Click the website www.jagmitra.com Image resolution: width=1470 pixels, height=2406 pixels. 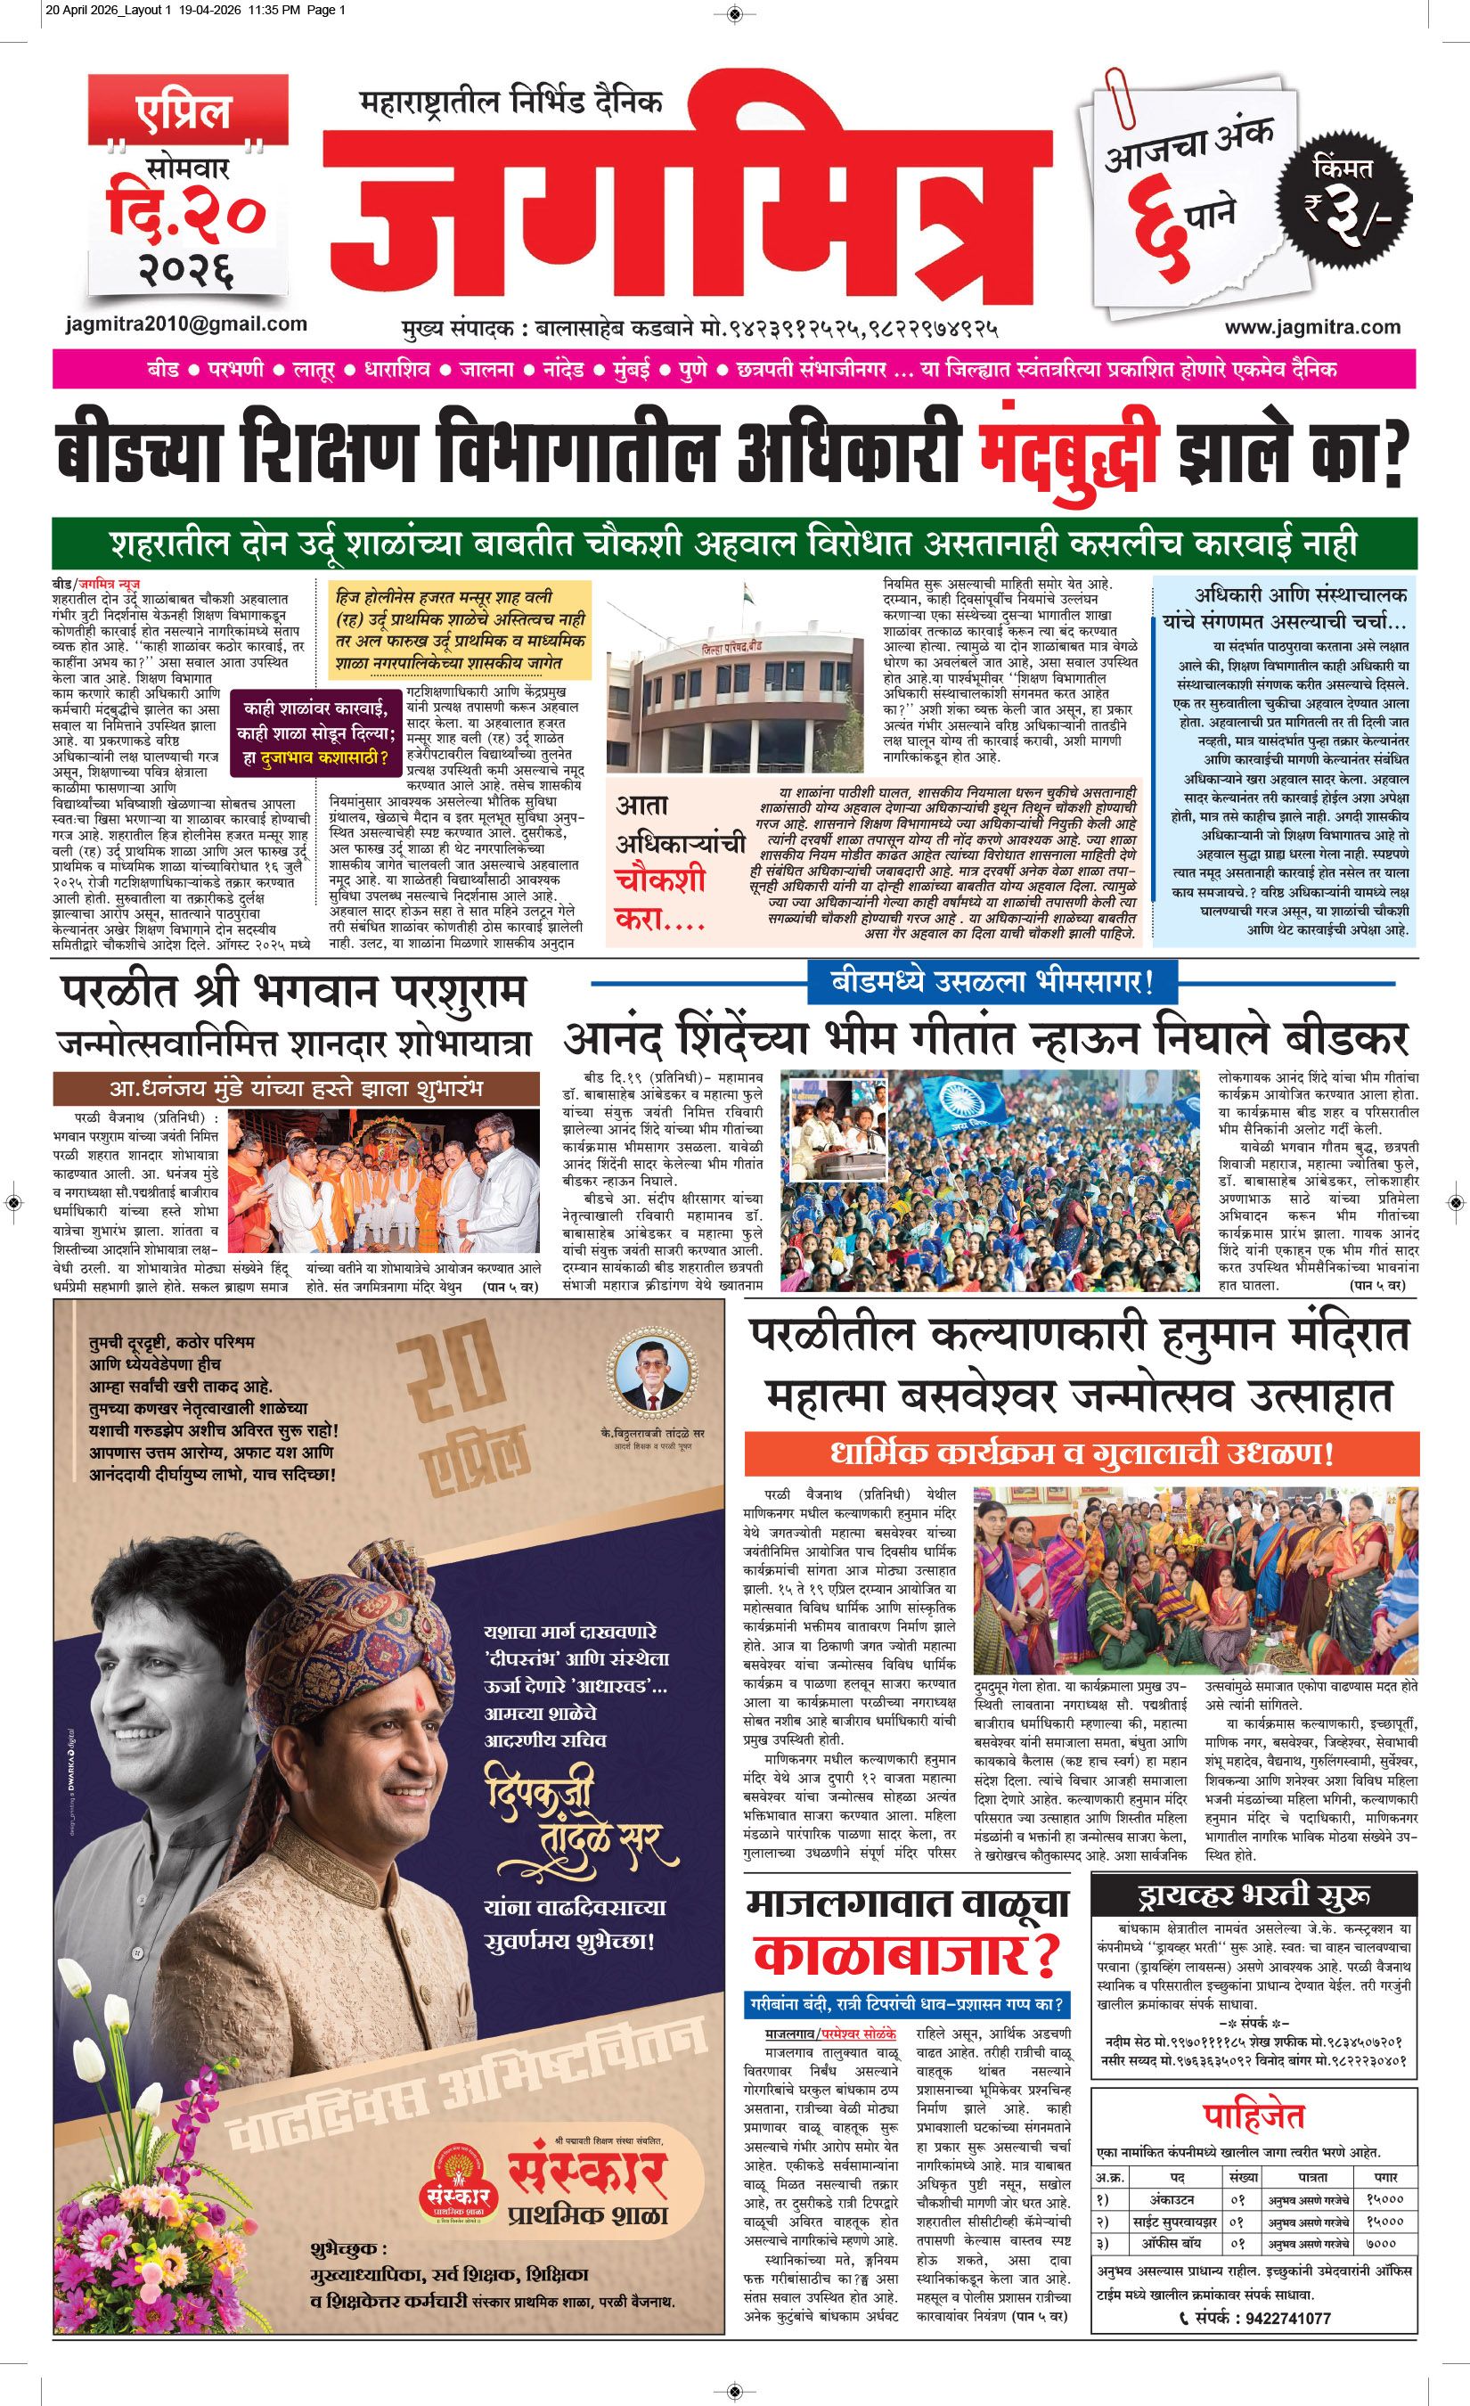tap(1312, 327)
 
